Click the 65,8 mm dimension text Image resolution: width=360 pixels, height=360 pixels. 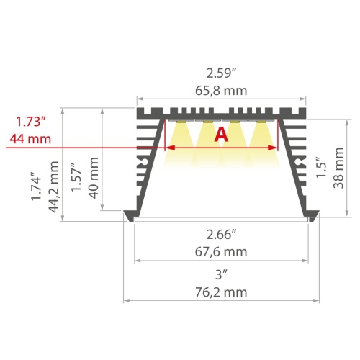[221, 90]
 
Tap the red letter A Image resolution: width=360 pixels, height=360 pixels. [221, 134]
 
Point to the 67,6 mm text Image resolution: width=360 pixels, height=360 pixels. [221, 251]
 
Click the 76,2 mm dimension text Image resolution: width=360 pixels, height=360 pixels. [221, 292]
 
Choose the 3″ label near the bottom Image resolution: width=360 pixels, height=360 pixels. [221, 274]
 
